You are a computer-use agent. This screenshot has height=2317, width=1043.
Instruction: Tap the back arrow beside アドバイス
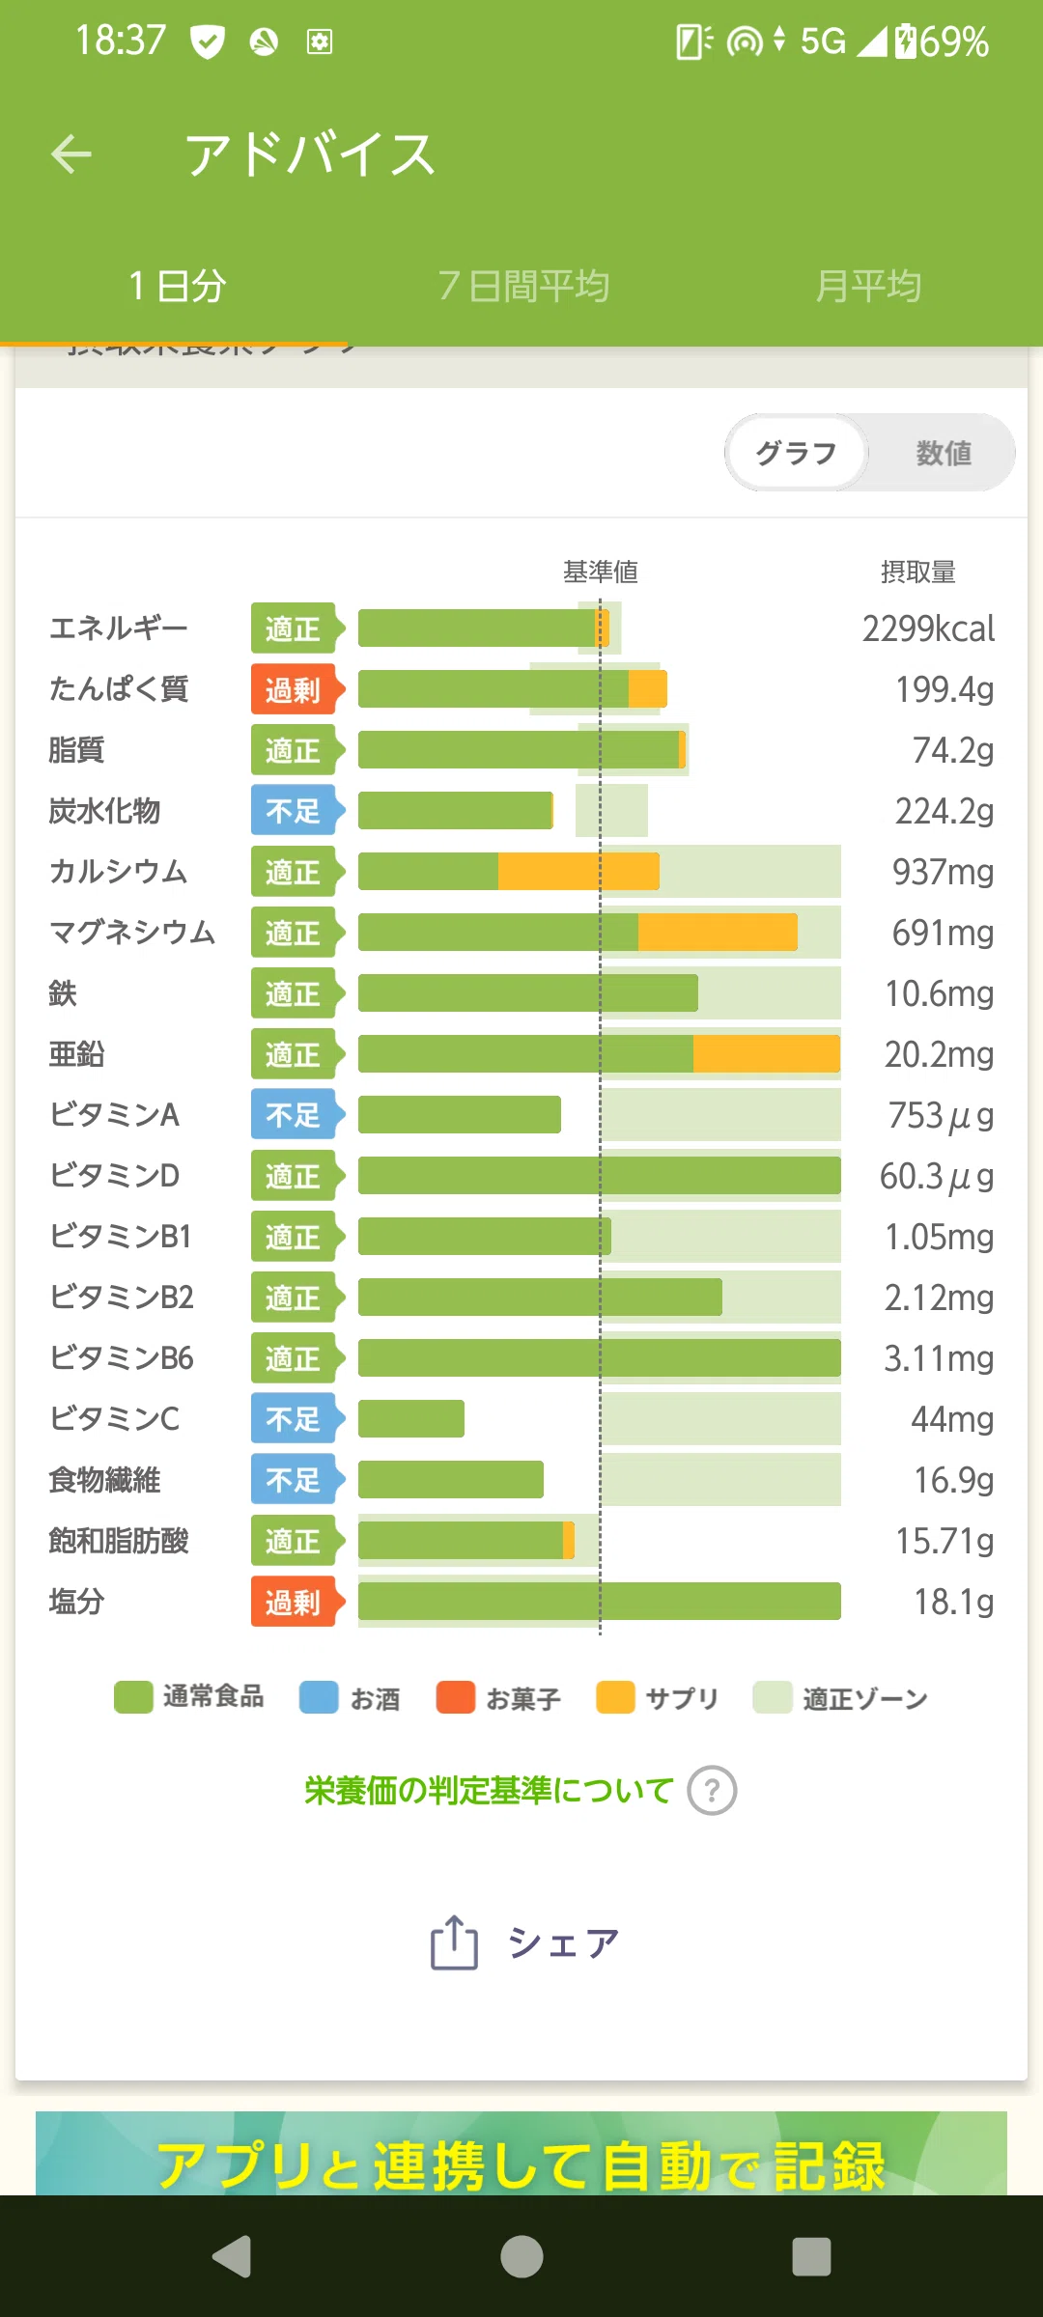coord(71,154)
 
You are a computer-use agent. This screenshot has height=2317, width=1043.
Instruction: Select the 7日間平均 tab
coord(523,286)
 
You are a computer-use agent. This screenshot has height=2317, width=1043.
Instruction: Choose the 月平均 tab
coord(868,286)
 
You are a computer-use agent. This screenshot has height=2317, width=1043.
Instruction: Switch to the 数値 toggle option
coord(944,453)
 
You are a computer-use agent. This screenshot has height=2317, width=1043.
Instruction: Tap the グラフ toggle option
coord(796,453)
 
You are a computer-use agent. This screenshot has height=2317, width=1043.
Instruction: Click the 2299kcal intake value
coord(928,628)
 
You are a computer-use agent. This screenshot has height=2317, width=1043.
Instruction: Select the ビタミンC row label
coord(114,1418)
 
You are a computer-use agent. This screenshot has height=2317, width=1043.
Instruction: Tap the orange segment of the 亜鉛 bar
coord(767,1054)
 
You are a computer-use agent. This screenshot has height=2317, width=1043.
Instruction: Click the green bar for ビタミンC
coord(411,1419)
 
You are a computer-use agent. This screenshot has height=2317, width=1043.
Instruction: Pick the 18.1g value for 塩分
coord(954,1602)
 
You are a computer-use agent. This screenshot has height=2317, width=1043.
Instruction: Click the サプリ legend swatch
coord(615,1697)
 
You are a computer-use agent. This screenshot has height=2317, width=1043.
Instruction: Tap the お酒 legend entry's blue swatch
coord(319,1697)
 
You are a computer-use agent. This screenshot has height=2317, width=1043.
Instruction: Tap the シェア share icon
coord(454,1941)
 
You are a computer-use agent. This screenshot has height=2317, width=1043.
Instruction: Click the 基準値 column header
coord(600,572)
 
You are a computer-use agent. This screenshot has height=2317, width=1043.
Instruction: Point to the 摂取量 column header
coord(917,572)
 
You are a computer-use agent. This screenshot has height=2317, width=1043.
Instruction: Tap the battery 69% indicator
coord(941,42)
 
